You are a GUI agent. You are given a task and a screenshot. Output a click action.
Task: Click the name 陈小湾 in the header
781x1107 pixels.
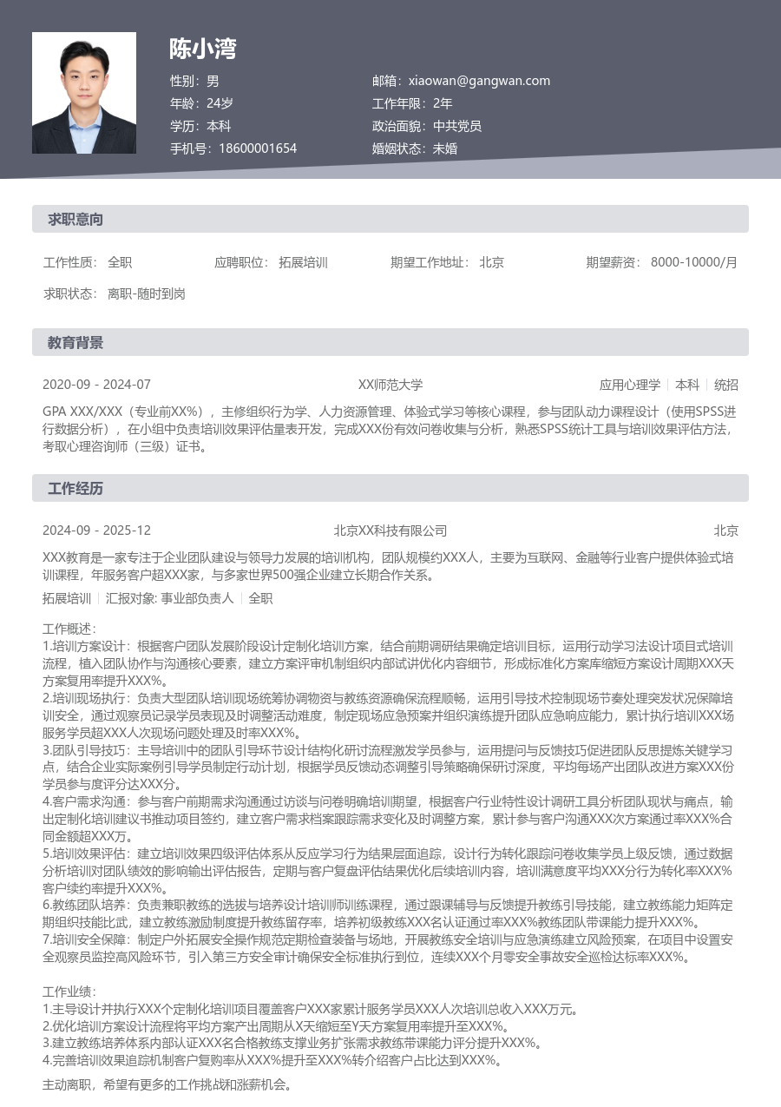[203, 49]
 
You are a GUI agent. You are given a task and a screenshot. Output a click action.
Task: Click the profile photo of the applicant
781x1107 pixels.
[84, 93]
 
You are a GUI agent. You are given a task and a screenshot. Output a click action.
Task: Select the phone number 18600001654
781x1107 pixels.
[258, 148]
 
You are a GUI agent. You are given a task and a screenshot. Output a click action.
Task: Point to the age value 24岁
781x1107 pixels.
[220, 103]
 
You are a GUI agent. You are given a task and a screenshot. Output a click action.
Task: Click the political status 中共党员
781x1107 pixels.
[457, 126]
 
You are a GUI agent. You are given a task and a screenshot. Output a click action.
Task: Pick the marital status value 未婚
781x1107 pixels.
[445, 148]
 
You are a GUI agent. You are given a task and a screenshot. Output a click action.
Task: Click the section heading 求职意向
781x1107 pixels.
[75, 220]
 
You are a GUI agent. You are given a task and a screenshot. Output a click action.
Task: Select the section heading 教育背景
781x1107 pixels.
[75, 343]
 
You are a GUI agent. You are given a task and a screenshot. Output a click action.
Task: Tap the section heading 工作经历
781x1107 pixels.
[75, 489]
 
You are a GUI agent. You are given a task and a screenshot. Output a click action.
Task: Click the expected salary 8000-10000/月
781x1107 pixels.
[694, 262]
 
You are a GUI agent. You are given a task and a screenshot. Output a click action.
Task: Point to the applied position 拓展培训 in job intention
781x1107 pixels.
[303, 262]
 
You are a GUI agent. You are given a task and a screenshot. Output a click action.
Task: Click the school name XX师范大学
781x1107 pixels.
[390, 385]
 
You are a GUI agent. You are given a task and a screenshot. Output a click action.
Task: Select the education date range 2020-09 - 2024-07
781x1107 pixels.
[96, 385]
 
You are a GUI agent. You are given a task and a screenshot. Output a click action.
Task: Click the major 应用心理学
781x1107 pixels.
[630, 385]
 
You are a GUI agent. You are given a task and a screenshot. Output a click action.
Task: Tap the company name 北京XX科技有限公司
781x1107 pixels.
[390, 530]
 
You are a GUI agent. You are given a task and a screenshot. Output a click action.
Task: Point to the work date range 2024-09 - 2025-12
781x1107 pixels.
[96, 530]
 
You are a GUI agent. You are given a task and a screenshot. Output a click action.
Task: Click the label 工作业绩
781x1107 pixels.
[69, 991]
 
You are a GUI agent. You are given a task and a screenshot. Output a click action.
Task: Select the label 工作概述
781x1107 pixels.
[69, 629]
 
